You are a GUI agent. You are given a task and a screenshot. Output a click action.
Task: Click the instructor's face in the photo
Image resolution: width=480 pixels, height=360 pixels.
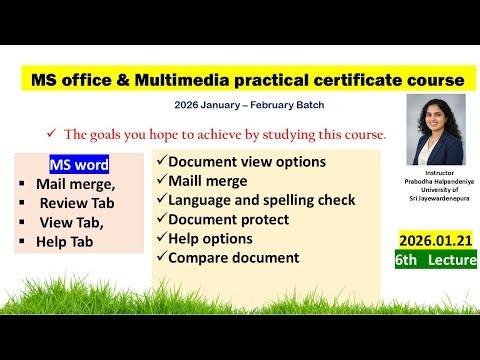click(438, 123)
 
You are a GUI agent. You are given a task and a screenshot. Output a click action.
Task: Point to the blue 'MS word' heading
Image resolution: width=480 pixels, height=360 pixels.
click(79, 164)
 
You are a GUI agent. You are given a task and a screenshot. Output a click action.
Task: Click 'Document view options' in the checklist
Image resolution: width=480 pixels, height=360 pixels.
click(247, 162)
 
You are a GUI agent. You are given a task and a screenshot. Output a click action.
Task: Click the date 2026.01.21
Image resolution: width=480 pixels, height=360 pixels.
click(432, 241)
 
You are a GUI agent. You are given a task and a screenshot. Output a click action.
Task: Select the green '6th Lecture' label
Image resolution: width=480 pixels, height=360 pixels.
click(432, 259)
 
